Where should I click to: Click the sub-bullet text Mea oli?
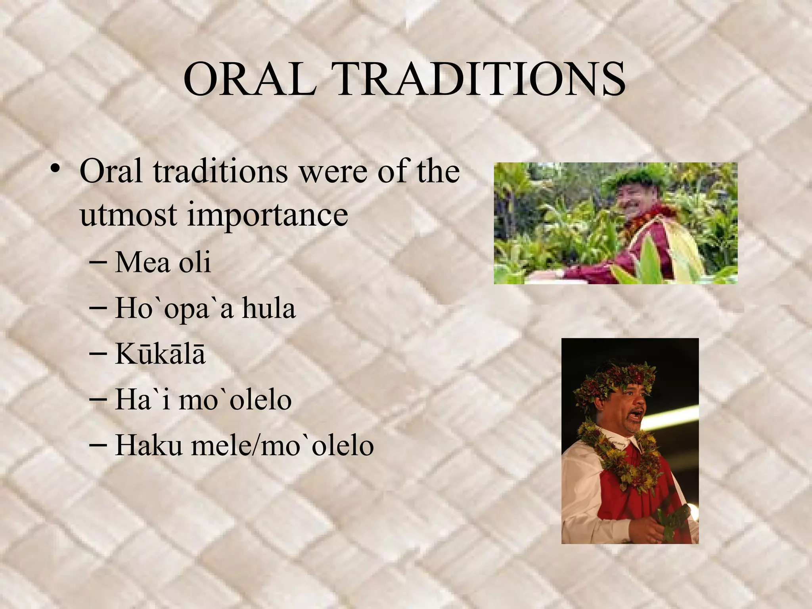163,262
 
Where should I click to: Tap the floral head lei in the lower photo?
614,379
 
